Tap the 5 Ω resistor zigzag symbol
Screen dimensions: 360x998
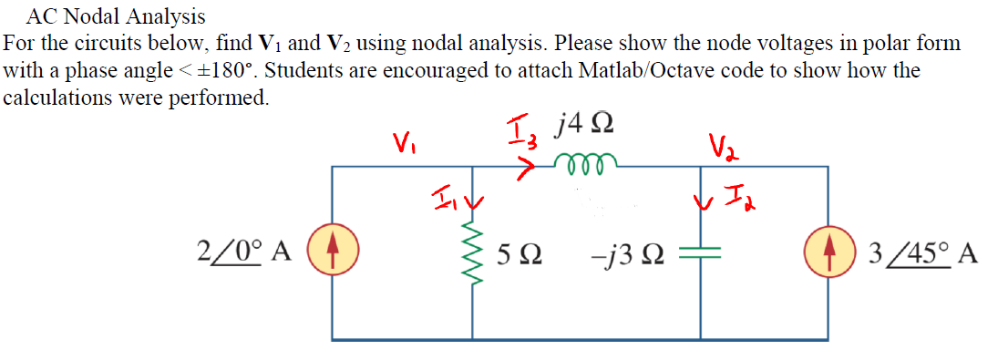[472, 252]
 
